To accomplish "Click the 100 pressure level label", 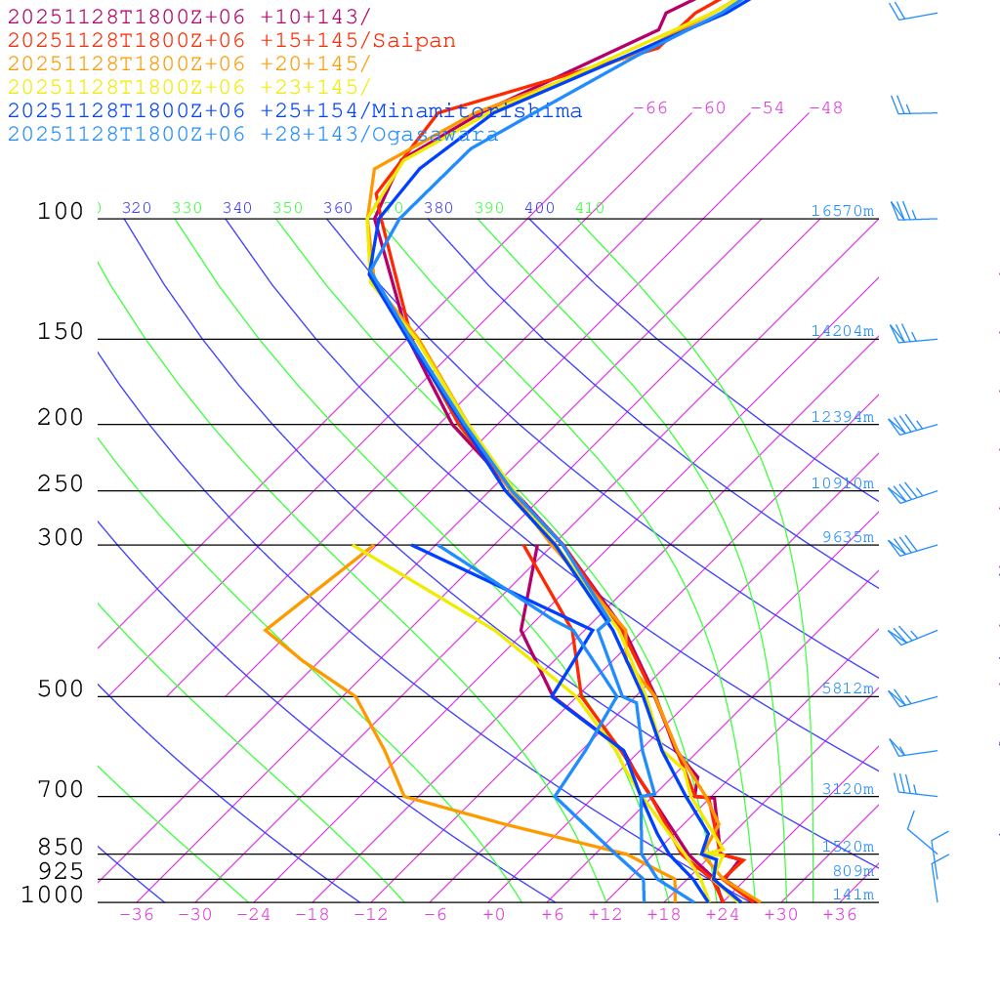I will point(61,212).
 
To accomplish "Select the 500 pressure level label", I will point(61,690).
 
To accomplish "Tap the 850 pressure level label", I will point(61,848).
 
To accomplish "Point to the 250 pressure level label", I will point(61,484).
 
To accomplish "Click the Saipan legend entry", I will point(231,41).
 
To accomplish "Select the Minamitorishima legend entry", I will point(295,111).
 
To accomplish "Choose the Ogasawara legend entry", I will point(253,135).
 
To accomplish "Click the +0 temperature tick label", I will point(494,915).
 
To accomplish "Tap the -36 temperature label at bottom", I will point(136,915).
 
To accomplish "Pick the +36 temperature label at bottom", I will point(839,915).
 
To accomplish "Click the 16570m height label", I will point(842,211).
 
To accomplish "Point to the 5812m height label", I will point(847,688).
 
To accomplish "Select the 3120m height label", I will point(847,789).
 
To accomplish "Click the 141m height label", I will point(853,895).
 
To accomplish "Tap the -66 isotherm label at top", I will point(649,108).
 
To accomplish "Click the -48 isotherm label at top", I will point(825,108).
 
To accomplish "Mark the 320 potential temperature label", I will point(137,208).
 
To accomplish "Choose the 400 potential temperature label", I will point(539,208).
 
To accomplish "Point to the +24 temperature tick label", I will point(722,915).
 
